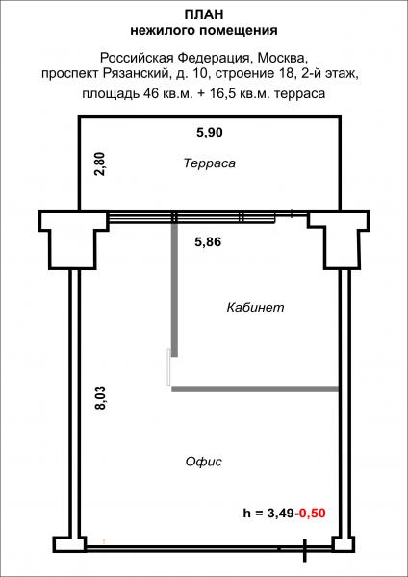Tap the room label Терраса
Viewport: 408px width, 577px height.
(209, 163)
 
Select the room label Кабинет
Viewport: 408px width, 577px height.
(255, 308)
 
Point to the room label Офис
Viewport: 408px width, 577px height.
(203, 462)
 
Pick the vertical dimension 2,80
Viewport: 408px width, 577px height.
(97, 163)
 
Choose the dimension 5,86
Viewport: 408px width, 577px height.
(209, 242)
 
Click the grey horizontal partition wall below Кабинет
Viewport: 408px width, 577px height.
(254, 389)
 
